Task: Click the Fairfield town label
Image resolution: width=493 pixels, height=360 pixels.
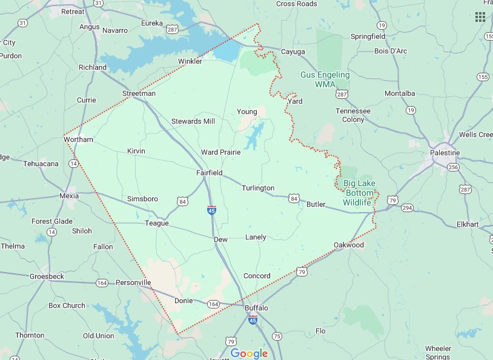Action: tap(209, 173)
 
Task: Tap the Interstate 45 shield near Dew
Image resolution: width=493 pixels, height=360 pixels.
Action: tap(211, 210)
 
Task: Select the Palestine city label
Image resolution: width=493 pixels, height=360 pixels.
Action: tap(445, 153)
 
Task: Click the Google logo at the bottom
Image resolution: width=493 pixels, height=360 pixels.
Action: tap(249, 353)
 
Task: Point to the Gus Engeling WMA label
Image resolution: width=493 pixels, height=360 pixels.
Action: tap(325, 79)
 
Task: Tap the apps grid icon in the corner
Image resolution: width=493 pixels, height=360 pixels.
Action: tap(480, 17)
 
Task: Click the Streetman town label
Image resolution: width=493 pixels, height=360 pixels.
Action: tap(139, 94)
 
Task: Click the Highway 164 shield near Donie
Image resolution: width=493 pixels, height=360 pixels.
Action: tap(213, 304)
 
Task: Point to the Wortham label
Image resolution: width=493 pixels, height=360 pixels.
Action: tap(79, 139)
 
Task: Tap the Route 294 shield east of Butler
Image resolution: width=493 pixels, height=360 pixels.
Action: tap(407, 208)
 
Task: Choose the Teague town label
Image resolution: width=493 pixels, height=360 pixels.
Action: tap(156, 223)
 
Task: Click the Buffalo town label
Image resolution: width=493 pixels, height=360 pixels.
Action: tap(256, 308)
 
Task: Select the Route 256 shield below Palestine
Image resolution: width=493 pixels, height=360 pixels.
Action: tap(452, 167)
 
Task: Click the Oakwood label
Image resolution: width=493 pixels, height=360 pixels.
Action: tap(349, 245)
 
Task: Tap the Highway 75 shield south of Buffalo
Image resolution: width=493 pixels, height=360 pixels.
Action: tap(277, 336)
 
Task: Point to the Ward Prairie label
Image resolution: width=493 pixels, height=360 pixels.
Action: tap(220, 152)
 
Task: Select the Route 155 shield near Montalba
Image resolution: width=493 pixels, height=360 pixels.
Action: tap(483, 77)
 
